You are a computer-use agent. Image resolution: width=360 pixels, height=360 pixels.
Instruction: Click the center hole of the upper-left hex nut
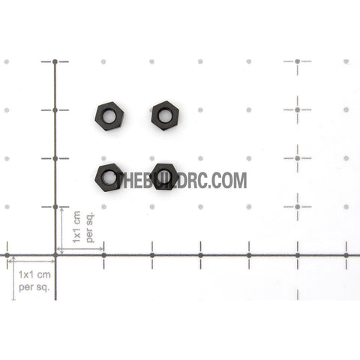pos(109,116)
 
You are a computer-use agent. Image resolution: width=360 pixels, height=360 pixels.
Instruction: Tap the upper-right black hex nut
pos(165,115)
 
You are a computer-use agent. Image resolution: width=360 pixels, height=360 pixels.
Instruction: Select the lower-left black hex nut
pos(109,178)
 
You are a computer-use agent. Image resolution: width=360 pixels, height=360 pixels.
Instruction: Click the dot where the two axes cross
pos(55,255)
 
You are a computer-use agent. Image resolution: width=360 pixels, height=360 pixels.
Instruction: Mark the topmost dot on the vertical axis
pos(55,61)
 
